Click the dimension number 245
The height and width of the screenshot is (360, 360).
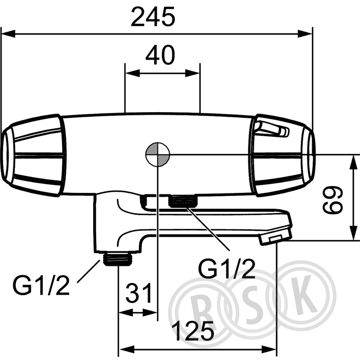153,16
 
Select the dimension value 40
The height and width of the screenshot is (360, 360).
160,55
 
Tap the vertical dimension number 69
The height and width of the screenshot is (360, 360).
333,200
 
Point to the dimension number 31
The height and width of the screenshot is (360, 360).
139,293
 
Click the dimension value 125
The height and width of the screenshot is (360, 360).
194,331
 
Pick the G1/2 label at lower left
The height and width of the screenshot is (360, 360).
41,284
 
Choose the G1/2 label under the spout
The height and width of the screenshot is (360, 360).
226,268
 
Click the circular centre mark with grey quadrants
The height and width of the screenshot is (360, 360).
158,154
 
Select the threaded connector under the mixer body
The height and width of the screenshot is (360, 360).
183,201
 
